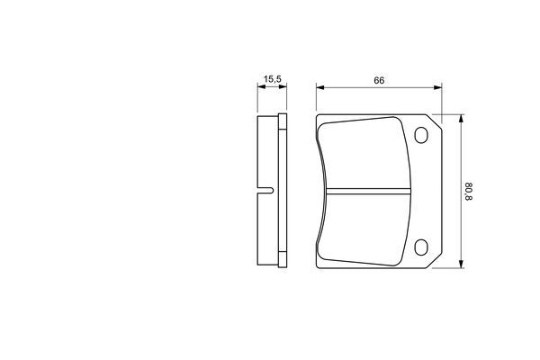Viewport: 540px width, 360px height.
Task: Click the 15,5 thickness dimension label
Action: click(x=273, y=79)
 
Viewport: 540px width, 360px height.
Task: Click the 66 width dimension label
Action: click(x=379, y=80)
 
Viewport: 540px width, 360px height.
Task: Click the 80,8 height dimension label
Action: click(x=468, y=192)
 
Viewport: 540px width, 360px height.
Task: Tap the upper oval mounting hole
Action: click(x=421, y=135)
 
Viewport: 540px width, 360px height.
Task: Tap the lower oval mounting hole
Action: click(x=421, y=247)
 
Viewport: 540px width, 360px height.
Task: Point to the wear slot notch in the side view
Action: click(x=265, y=190)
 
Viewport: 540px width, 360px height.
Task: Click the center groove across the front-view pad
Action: click(x=368, y=191)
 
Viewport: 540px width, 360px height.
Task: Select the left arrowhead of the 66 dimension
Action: click(x=320, y=88)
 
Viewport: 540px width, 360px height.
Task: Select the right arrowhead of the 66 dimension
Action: click(x=437, y=88)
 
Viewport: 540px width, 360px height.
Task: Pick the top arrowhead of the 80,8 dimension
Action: click(x=461, y=119)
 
